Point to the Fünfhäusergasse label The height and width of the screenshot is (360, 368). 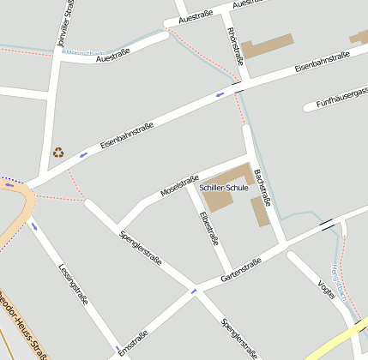click(x=342, y=99)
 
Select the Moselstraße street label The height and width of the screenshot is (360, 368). click(x=179, y=185)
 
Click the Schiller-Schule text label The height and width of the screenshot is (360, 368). click(x=223, y=187)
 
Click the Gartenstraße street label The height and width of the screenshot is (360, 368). click(x=241, y=270)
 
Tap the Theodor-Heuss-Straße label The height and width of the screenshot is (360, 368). click(x=23, y=327)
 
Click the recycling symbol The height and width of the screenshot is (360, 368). click(x=58, y=153)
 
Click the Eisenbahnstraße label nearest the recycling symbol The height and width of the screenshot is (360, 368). click(x=127, y=136)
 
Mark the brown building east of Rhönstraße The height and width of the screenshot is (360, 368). click(x=267, y=45)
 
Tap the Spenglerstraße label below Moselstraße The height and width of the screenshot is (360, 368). click(x=142, y=246)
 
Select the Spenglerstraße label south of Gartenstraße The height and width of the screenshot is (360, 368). click(x=239, y=337)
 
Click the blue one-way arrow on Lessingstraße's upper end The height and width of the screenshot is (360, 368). click(x=34, y=226)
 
